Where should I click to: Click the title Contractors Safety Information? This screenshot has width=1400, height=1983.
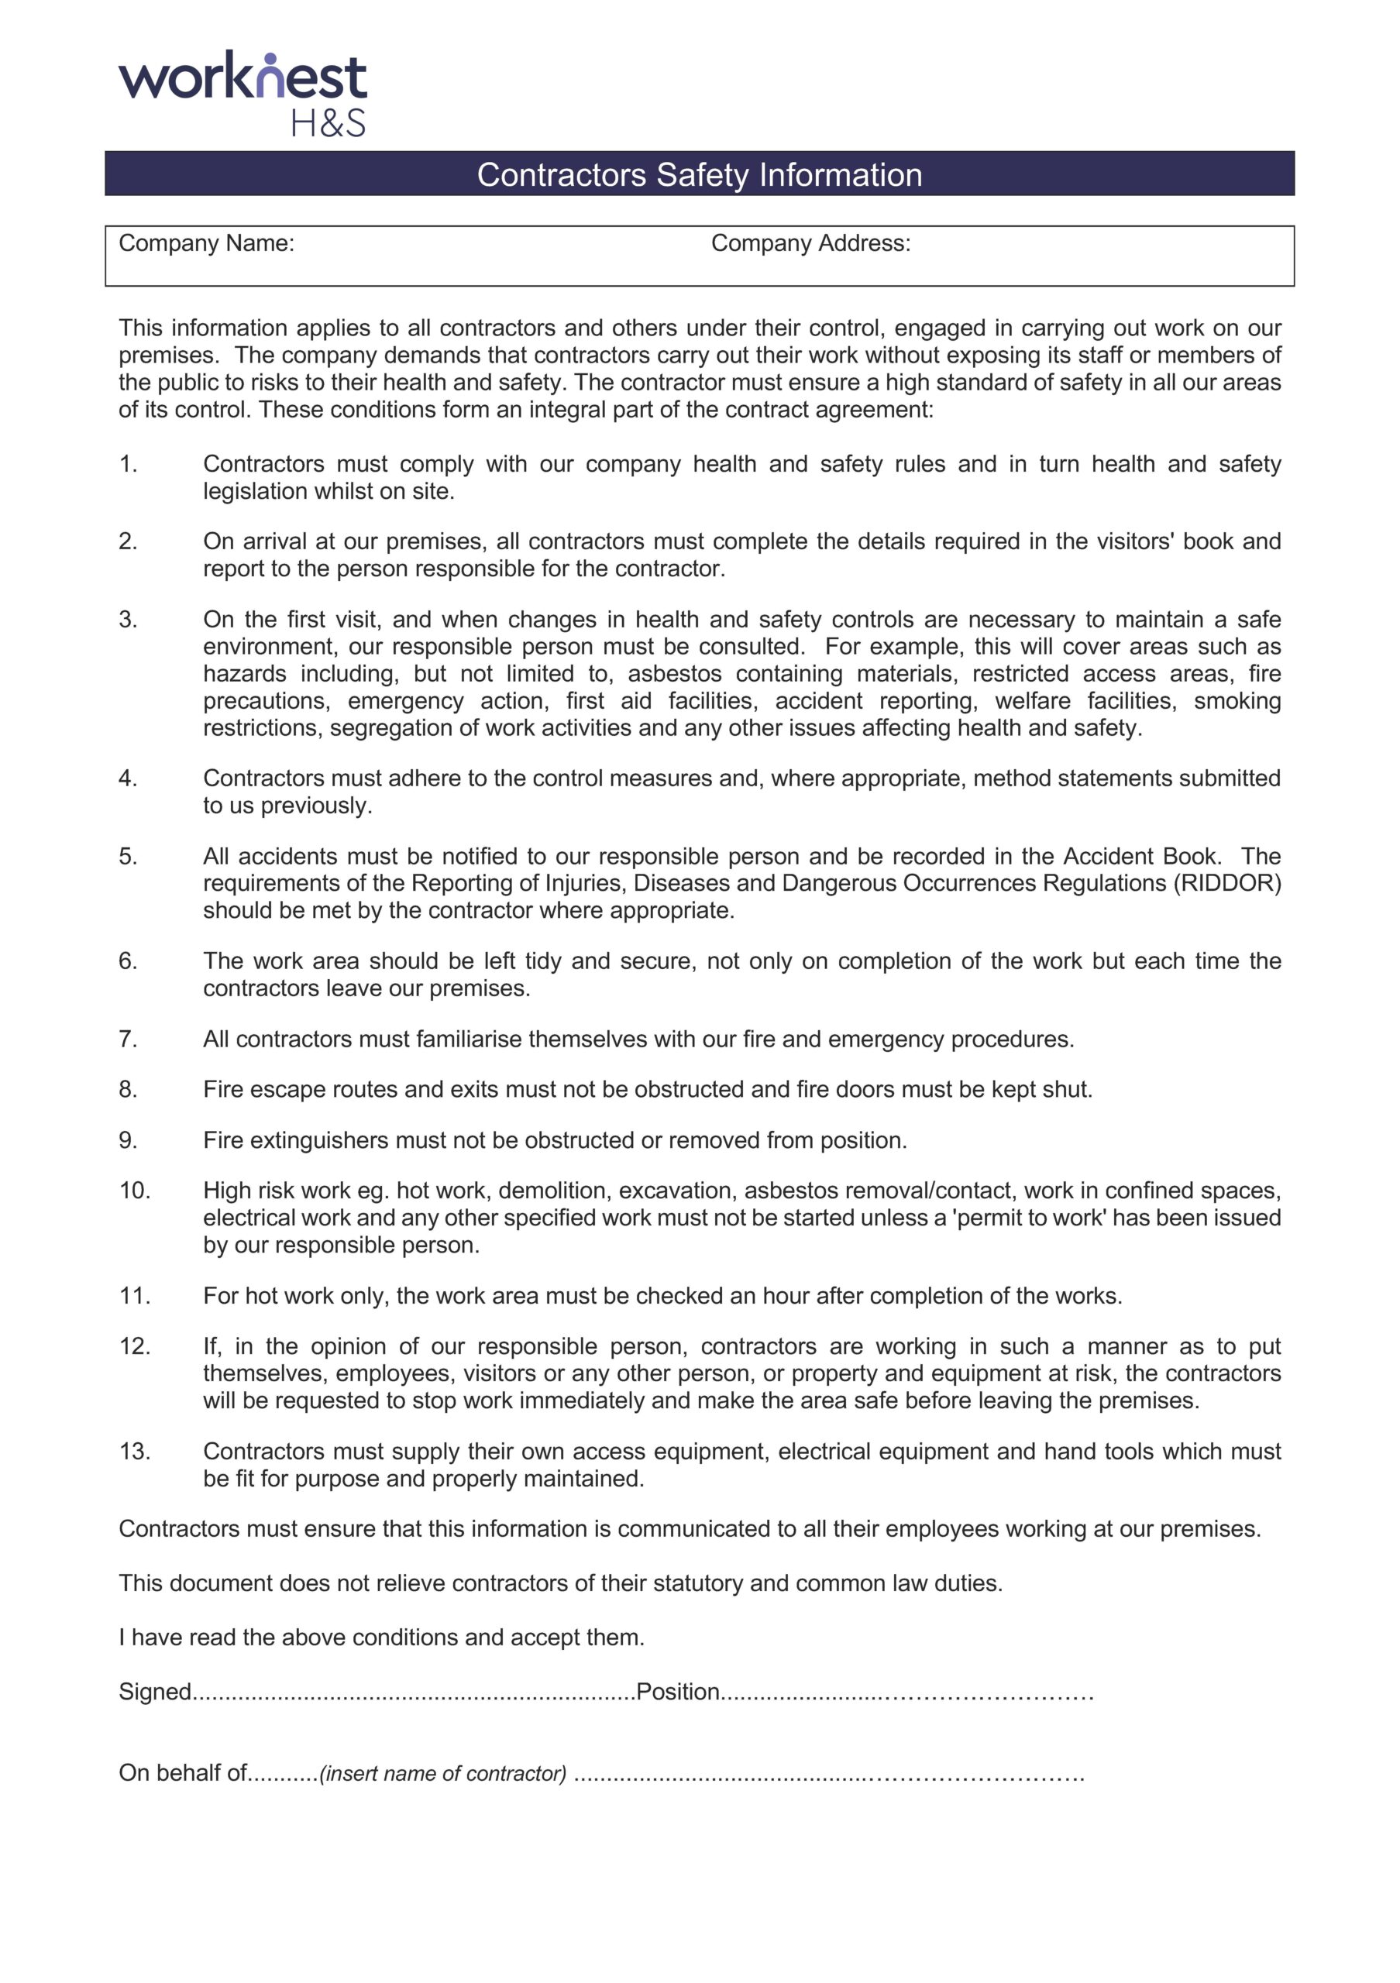click(x=699, y=174)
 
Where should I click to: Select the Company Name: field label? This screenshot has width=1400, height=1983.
click(x=206, y=243)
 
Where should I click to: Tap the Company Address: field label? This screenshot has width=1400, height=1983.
click(x=810, y=243)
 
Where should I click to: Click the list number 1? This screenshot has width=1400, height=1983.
click(x=128, y=464)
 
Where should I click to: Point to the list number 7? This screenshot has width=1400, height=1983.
click(x=128, y=1038)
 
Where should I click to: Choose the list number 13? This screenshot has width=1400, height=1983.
click(x=134, y=1451)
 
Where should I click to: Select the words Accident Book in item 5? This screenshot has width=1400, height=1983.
click(x=1139, y=856)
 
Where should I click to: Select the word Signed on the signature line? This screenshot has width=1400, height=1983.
click(x=155, y=1691)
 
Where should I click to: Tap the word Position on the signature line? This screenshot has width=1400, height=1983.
click(x=677, y=1691)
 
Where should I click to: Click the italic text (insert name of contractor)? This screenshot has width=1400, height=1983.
click(x=443, y=1773)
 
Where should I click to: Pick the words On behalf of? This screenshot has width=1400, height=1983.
click(x=182, y=1772)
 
